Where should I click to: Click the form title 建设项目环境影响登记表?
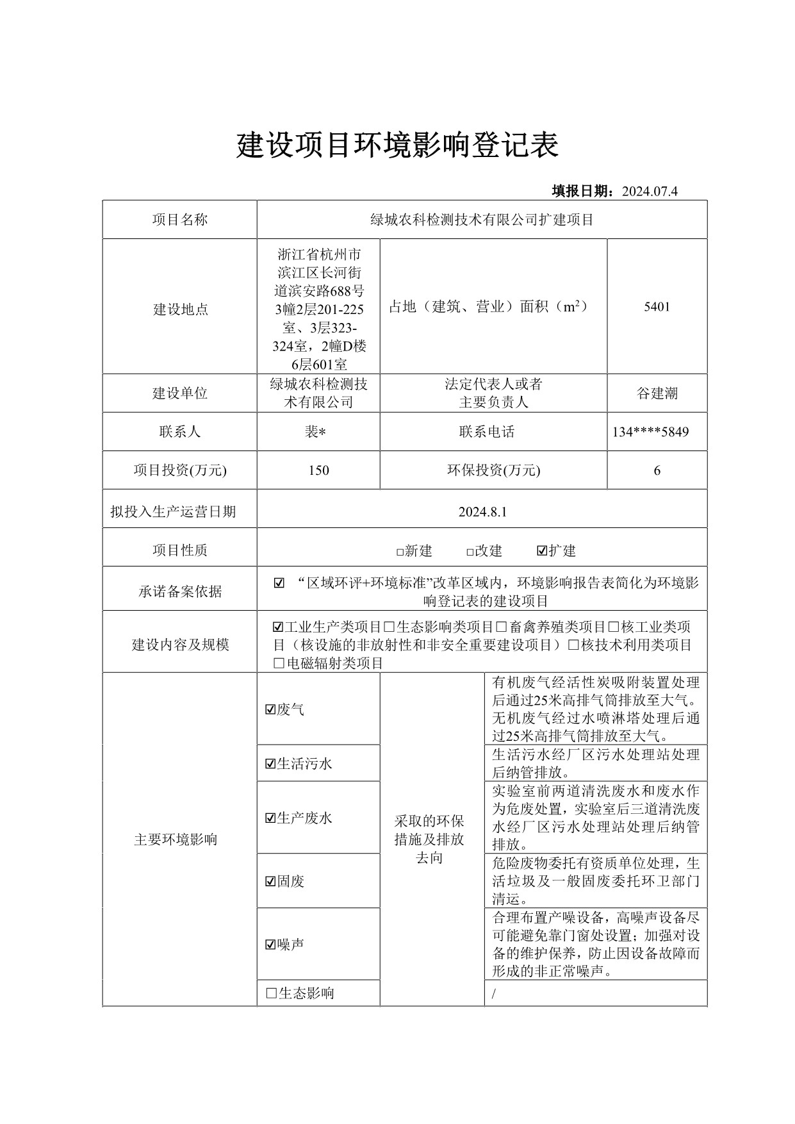pos(397,145)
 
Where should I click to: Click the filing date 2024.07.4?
pos(649,191)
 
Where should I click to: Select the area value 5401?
pos(657,306)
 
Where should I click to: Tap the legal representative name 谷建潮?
pos(657,393)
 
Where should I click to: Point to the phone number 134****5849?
pos(650,432)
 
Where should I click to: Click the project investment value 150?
pos(318,470)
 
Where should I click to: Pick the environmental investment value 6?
pos(657,470)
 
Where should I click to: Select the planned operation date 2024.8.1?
pos(482,511)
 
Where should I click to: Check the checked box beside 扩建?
pos(542,551)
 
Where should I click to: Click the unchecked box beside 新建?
pos(400,552)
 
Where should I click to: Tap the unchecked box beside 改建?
pos(470,552)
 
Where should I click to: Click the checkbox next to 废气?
pos(270,709)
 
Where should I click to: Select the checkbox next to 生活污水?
pos(270,763)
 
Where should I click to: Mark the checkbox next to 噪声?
pos(270,945)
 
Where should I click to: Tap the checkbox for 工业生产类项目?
pos(278,627)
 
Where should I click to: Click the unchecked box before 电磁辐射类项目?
pos(278,663)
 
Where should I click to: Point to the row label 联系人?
pos(179,432)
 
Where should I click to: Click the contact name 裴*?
pos(315,432)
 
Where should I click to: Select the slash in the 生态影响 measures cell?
pos(494,994)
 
